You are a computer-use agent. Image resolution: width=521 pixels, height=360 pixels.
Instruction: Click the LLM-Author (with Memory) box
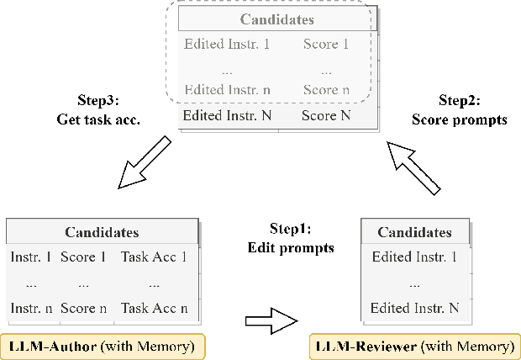tap(104, 345)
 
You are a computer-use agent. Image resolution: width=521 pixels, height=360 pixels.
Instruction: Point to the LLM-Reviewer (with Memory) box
tap(413, 346)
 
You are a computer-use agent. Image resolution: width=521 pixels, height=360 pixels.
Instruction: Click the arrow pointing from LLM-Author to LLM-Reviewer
tap(271, 320)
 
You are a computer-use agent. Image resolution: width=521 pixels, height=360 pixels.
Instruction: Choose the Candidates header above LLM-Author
tap(102, 232)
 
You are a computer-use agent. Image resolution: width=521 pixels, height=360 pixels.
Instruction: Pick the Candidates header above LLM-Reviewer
tap(414, 232)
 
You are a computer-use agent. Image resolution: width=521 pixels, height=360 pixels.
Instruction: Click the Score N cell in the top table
tap(325, 114)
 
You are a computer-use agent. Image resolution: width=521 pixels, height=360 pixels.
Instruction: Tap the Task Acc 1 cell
tap(154, 257)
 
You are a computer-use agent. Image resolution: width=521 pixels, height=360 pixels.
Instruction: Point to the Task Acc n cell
tap(154, 309)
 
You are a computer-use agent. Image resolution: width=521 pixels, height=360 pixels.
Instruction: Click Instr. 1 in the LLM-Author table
tap(30, 257)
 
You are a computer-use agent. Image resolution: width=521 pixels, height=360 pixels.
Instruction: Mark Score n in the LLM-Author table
tap(83, 309)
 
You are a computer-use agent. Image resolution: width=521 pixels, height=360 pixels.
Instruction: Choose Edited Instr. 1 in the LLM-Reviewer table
tap(413, 257)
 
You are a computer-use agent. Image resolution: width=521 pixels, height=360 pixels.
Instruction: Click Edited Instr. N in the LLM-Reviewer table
tap(414, 308)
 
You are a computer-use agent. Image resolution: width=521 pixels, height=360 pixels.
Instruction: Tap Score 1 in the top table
tap(325, 44)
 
